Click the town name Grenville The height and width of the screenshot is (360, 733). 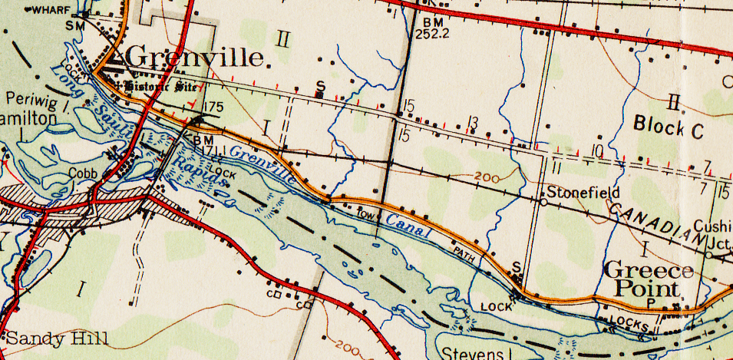click(196, 57)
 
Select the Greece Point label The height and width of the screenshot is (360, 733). click(649, 279)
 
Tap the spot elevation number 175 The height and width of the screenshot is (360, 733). click(214, 107)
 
